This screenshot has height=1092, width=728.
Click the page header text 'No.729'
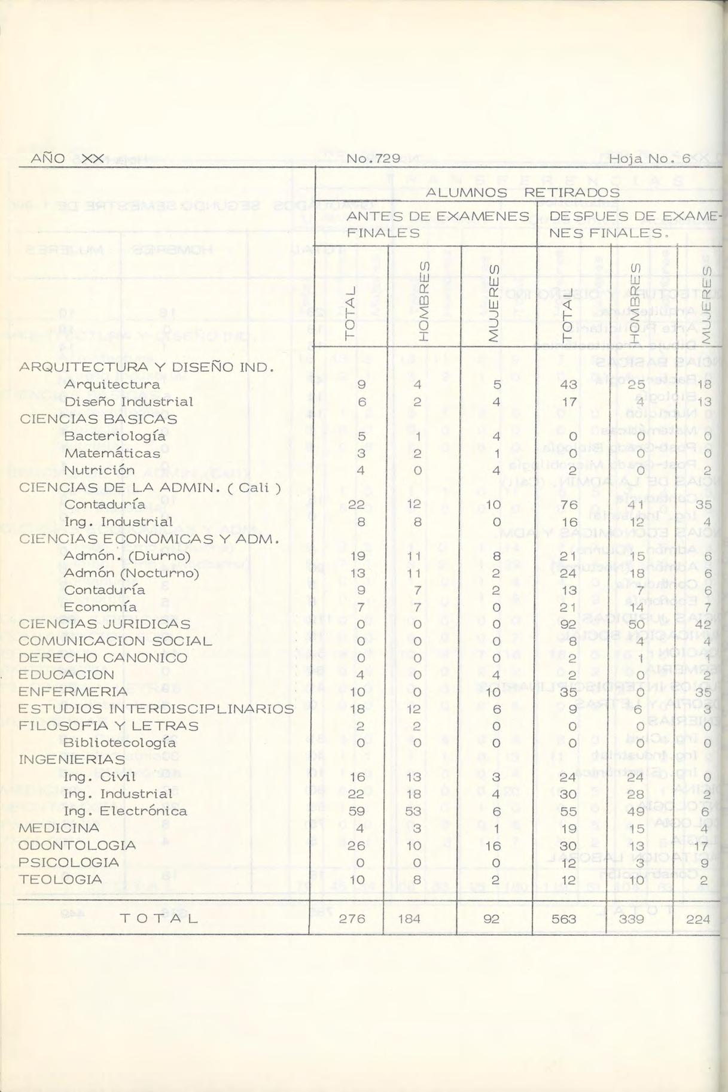tap(373, 159)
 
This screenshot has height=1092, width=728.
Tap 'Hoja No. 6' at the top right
tap(650, 159)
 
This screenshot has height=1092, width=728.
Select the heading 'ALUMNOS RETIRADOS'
tap(522, 193)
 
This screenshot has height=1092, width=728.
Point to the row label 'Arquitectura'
tap(112, 384)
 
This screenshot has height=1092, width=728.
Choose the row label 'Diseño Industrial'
tap(129, 401)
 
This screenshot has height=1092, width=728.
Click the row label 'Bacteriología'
tap(115, 436)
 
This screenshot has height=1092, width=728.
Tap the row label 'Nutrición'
tap(99, 470)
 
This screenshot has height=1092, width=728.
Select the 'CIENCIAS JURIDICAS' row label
tap(105, 623)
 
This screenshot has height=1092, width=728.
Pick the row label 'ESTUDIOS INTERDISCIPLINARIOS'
tap(156, 709)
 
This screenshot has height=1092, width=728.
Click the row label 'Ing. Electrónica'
tap(125, 811)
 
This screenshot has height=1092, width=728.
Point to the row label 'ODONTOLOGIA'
tap(77, 845)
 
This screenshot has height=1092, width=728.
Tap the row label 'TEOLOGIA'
tap(60, 880)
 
